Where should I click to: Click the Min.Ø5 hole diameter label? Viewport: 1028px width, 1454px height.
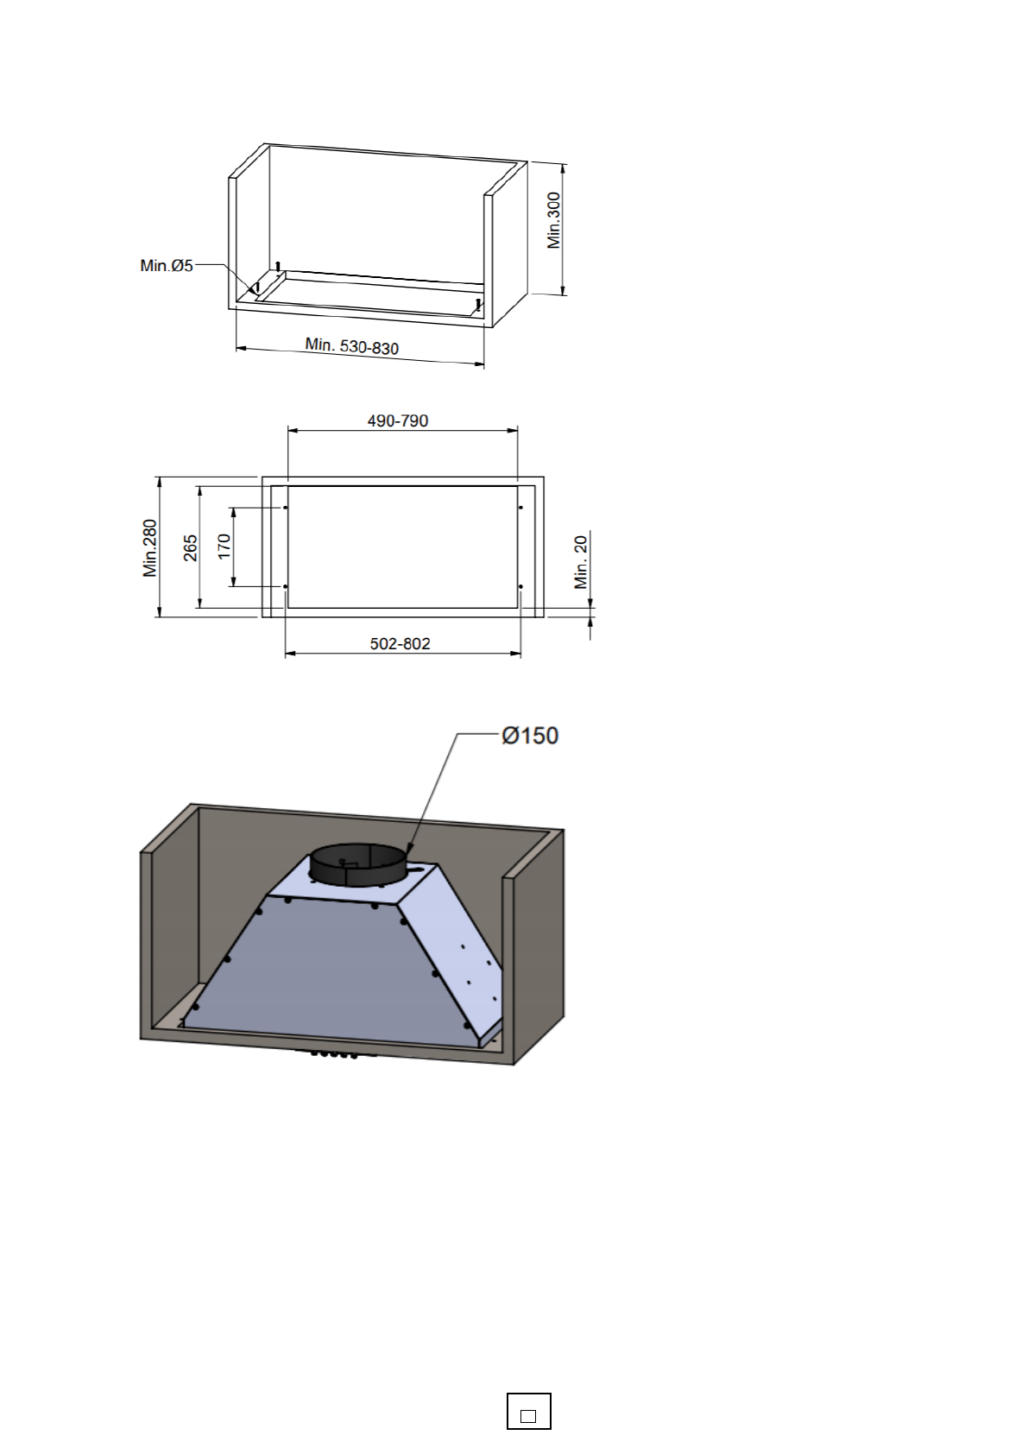tap(167, 265)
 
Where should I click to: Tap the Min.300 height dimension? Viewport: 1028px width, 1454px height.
tap(553, 220)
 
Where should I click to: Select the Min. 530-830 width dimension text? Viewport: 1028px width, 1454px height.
tap(352, 345)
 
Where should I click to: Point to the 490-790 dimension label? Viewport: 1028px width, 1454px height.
tap(398, 420)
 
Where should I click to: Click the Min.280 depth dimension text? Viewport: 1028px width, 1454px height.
tap(150, 548)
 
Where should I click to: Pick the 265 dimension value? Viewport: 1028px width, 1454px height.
tap(190, 548)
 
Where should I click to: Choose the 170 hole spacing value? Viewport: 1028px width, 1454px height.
tap(224, 547)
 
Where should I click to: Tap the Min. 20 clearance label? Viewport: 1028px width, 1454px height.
tap(581, 561)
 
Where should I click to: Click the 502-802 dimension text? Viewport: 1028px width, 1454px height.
tap(400, 643)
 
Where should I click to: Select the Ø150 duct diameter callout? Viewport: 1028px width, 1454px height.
tap(530, 736)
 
